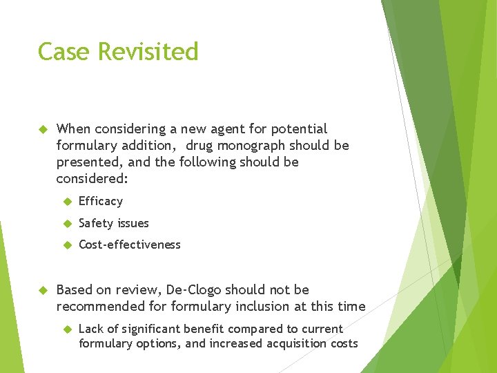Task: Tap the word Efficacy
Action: pos(101,202)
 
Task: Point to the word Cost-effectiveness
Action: pos(130,245)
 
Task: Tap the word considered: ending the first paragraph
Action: pos(88,179)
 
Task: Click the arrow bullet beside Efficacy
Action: pos(67,202)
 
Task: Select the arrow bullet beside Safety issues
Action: pos(67,223)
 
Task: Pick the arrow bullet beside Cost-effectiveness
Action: pos(67,245)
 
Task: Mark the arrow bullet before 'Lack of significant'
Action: pos(67,329)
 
